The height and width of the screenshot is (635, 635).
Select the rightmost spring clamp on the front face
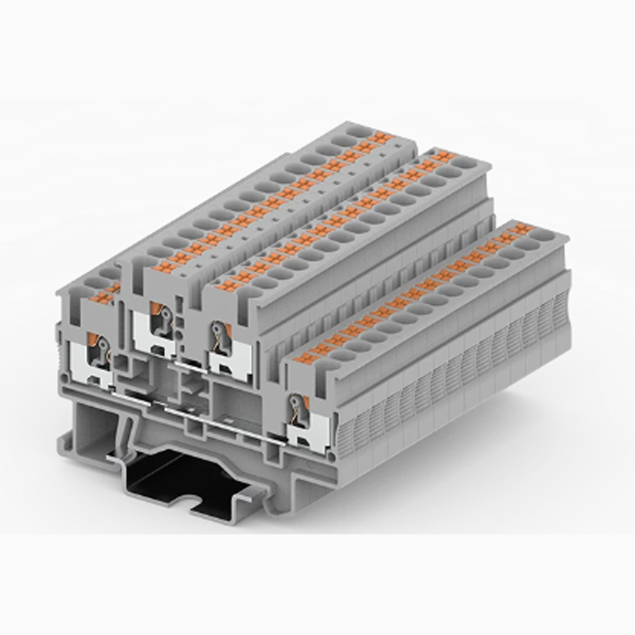[x=297, y=410]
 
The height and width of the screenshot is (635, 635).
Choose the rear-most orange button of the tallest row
[x=378, y=138]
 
